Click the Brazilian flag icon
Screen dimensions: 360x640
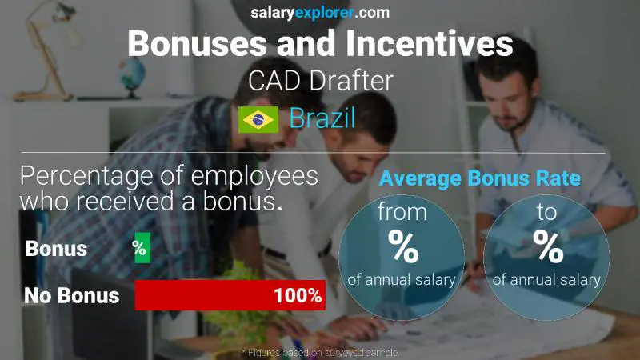click(258, 119)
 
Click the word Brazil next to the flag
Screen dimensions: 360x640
click(322, 119)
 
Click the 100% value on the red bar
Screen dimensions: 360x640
click(297, 295)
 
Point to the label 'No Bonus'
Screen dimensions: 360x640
click(71, 295)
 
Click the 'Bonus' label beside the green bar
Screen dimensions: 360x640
click(56, 249)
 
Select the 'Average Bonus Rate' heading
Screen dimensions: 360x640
click(480, 179)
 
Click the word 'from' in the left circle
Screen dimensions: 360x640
click(403, 214)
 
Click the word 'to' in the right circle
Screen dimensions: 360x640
click(548, 214)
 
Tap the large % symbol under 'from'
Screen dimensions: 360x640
click(403, 247)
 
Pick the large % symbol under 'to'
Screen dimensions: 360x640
click(548, 247)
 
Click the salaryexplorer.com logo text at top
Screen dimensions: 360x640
click(320, 12)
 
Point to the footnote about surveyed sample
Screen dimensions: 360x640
click(319, 352)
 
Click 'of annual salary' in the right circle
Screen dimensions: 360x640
click(548, 279)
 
